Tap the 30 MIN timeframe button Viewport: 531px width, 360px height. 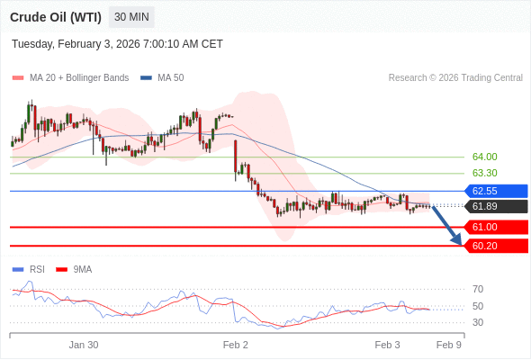[131, 17]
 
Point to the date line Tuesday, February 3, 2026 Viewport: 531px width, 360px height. [117, 44]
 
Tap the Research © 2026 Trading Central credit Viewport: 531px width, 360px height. [455, 78]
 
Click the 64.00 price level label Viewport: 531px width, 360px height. [484, 157]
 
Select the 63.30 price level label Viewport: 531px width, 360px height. [484, 173]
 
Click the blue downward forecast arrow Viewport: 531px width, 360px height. [447, 226]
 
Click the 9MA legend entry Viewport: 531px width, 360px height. [82, 269]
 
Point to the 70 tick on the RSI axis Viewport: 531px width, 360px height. [478, 289]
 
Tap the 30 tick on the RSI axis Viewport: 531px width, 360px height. [478, 322]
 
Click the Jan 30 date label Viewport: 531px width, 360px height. [84, 345]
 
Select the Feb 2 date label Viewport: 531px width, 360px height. [236, 345]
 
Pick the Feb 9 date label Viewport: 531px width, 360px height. [449, 345]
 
